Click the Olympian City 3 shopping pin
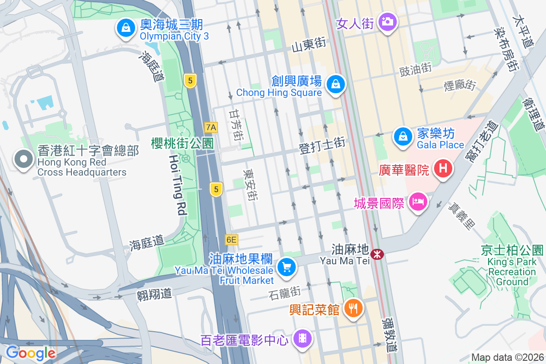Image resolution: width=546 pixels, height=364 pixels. coord(126,27)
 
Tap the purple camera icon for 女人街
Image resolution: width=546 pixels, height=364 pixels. coord(387,21)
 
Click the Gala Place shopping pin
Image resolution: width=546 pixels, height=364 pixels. coord(403,136)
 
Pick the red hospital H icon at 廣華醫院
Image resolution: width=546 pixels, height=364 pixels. coord(444,169)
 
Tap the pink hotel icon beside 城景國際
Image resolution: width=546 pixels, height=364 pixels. coord(418,201)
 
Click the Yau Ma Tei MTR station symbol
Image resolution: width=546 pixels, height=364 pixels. coord(377,254)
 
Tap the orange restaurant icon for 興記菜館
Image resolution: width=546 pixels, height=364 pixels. coord(353,308)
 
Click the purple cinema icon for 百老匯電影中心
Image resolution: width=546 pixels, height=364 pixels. coord(302,338)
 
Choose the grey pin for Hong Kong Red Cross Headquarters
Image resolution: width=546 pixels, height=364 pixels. coord(23,160)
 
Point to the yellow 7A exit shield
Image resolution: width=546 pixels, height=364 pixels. coord(211,127)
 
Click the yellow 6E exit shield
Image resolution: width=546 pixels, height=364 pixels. coord(231,239)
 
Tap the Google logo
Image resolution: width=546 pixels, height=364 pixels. coord(31,353)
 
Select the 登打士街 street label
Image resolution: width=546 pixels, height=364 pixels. coord(322,144)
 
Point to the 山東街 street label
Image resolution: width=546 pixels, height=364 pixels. coord(308,44)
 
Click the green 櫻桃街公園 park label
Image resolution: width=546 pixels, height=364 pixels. coord(182,143)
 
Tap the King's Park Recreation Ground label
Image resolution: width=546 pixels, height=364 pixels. coord(511,272)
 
